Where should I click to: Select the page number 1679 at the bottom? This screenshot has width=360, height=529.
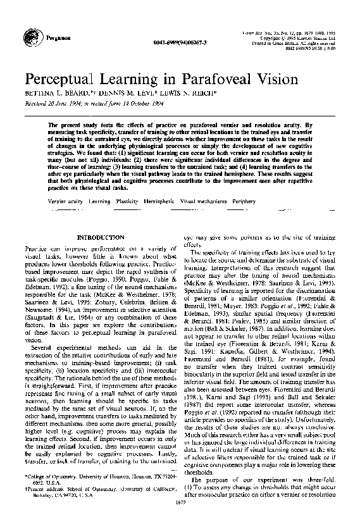tap(179, 520)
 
